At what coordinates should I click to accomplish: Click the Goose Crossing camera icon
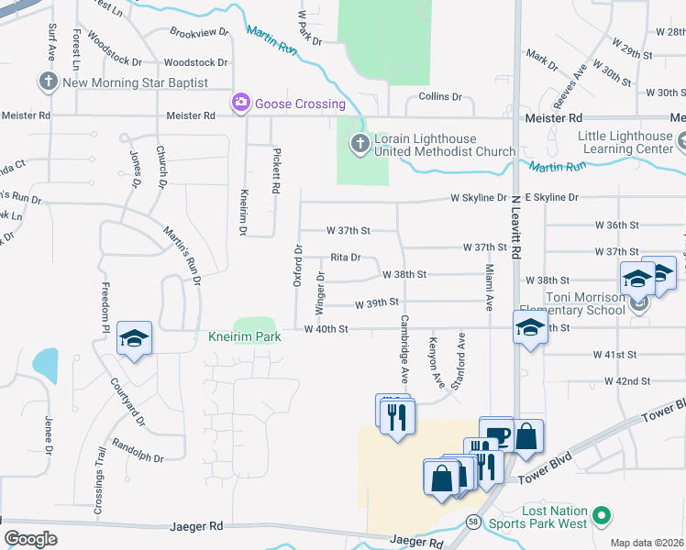tap(241, 104)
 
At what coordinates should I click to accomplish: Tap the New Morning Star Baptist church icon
tap(49, 82)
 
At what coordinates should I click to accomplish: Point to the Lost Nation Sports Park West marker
tap(602, 516)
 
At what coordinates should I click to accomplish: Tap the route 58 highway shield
tap(471, 521)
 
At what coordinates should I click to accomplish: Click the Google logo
tap(30, 539)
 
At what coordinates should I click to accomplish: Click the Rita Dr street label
tap(346, 258)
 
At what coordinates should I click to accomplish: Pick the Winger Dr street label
tap(321, 288)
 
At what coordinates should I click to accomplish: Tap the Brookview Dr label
tap(199, 32)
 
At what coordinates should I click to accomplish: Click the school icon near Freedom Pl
tap(134, 339)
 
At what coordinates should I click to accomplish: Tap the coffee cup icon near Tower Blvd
tap(496, 434)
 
